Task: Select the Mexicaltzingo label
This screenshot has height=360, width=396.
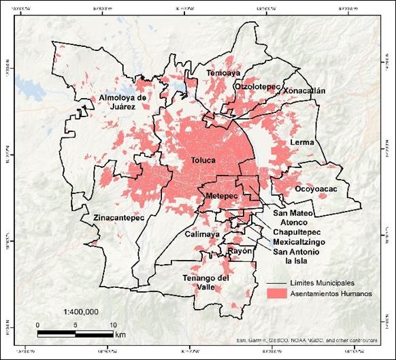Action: tap(299, 242)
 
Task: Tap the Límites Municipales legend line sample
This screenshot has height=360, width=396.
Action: tap(276, 282)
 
